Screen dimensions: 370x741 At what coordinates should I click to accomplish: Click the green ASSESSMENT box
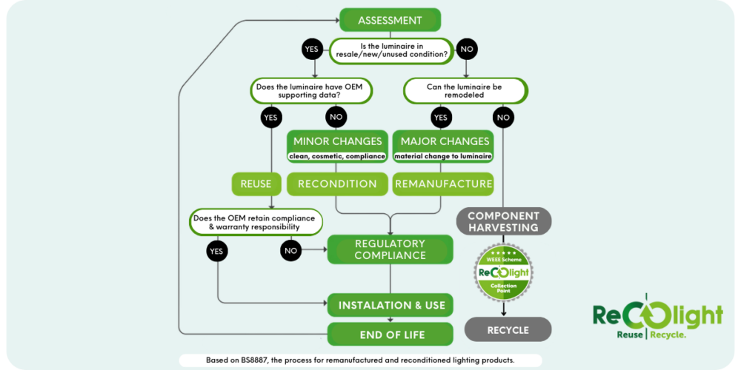point(390,20)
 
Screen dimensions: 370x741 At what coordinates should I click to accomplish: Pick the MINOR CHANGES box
point(338,147)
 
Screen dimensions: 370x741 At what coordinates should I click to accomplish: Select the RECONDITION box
point(337,184)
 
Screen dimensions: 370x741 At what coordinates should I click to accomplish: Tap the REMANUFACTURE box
point(443,184)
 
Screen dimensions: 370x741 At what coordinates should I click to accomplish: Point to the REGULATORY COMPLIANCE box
point(390,249)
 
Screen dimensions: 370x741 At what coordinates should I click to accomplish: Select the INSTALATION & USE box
point(390,305)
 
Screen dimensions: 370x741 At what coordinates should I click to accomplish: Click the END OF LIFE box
point(390,334)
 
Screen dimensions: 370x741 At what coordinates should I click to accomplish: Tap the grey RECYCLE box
point(508,329)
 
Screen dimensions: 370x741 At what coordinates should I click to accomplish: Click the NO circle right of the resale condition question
point(468,50)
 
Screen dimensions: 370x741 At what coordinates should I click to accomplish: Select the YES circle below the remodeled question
point(440,117)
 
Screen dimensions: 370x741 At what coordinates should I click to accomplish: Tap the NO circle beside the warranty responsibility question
point(290,251)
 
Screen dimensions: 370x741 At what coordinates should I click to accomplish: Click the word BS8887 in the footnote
point(256,360)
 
